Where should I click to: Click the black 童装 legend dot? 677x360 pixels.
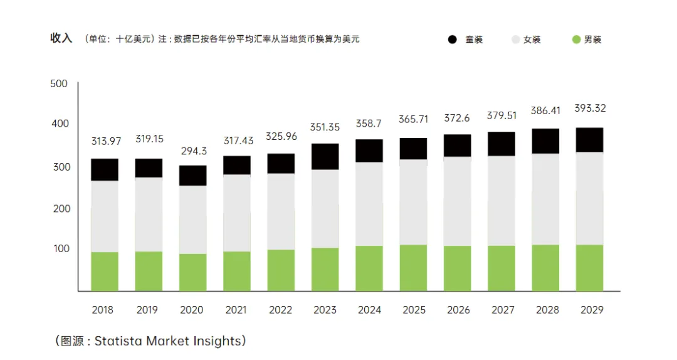[x=452, y=40]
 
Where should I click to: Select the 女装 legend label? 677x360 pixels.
[x=532, y=40]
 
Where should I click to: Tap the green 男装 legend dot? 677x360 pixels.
[x=576, y=40]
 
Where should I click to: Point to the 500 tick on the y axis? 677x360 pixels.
[x=59, y=83]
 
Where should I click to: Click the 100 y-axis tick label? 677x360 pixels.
[x=61, y=248]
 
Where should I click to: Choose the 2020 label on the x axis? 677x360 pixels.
[x=191, y=310]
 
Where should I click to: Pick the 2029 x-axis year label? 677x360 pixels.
[x=592, y=310]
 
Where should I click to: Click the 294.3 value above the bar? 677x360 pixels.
[x=194, y=151]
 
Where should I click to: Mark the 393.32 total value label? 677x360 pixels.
[x=590, y=108]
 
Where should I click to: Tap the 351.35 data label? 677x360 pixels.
[x=325, y=127]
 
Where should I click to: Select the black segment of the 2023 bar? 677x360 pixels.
[x=325, y=156]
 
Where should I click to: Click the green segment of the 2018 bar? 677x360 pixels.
[x=105, y=272]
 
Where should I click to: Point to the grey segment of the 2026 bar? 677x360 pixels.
[x=457, y=201]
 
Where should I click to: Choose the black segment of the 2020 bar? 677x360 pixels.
[x=193, y=176]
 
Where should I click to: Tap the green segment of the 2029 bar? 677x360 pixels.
[x=589, y=268]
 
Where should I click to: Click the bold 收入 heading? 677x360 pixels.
[x=61, y=38]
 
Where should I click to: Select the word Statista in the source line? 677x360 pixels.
[x=118, y=341]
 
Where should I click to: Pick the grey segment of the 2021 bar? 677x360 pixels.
[x=237, y=213]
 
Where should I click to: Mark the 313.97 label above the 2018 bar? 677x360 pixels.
[x=106, y=141]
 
